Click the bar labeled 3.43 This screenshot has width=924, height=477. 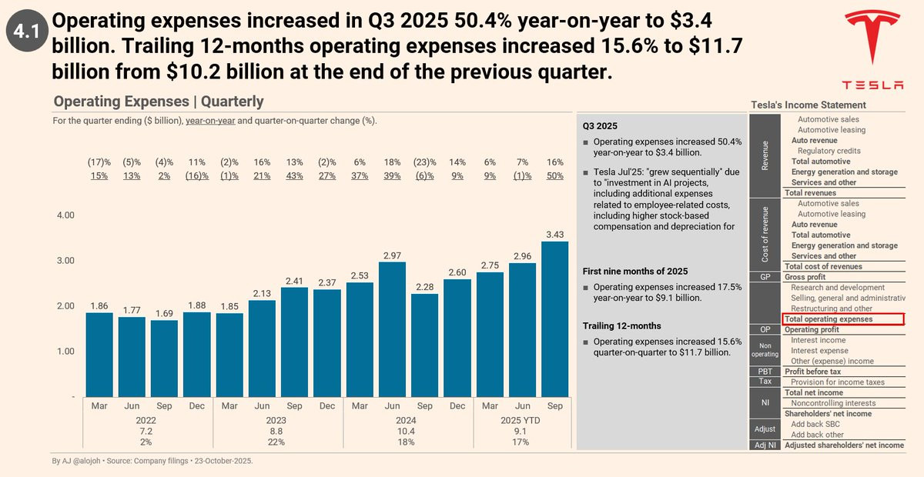[x=554, y=319]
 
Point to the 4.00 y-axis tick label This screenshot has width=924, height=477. [x=66, y=215]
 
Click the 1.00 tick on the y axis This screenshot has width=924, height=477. [x=66, y=352]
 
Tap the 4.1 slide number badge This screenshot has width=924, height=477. [x=26, y=32]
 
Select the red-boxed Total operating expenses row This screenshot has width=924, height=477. [x=842, y=319]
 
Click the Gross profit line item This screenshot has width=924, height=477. [x=805, y=277]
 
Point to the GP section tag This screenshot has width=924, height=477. [x=765, y=277]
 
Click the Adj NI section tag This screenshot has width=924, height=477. [x=765, y=445]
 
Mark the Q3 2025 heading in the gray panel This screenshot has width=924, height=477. [x=600, y=125]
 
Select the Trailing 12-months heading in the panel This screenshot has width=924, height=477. [x=621, y=325]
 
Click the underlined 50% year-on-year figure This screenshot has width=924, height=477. [x=554, y=175]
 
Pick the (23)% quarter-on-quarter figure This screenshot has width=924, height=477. [x=424, y=162]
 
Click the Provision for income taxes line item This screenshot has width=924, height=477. [x=838, y=382]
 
